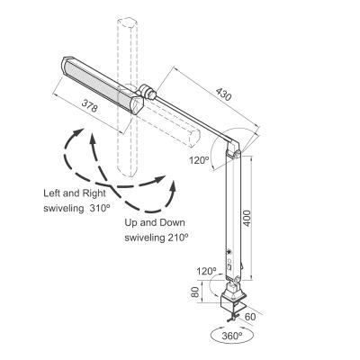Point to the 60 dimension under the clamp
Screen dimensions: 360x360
pos(251,316)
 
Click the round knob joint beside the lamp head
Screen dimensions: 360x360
pos(147,92)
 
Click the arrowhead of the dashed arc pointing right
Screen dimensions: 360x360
pos(170,175)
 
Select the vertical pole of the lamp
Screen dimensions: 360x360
pos(238,216)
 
